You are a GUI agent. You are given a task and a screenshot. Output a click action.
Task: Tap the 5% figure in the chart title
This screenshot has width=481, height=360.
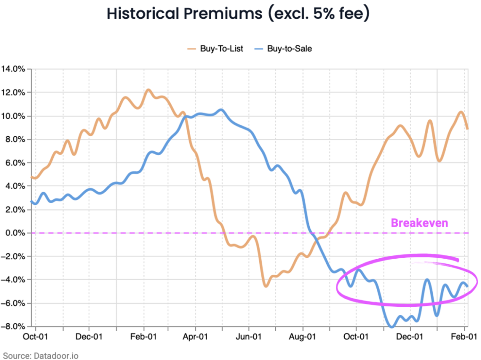[x=320, y=14]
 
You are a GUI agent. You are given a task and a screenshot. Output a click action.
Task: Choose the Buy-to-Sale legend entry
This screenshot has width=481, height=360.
[x=289, y=49]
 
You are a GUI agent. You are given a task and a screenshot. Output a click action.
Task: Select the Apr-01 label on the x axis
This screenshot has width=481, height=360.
[x=195, y=337]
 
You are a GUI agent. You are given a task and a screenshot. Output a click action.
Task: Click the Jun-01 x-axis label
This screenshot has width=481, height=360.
[x=249, y=337]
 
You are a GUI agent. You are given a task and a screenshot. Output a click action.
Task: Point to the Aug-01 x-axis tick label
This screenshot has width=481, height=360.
[x=302, y=337]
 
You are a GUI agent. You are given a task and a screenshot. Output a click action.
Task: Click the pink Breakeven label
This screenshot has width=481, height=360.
[x=419, y=223]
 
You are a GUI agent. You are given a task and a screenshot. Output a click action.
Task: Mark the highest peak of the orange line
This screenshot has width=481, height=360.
[x=148, y=90]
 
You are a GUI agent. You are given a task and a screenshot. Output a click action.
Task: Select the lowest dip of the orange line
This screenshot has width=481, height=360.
[x=265, y=286]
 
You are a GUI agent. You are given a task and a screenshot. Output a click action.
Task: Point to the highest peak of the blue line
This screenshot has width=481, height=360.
[x=221, y=110]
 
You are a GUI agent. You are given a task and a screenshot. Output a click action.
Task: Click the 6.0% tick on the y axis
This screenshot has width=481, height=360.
[x=14, y=163]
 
